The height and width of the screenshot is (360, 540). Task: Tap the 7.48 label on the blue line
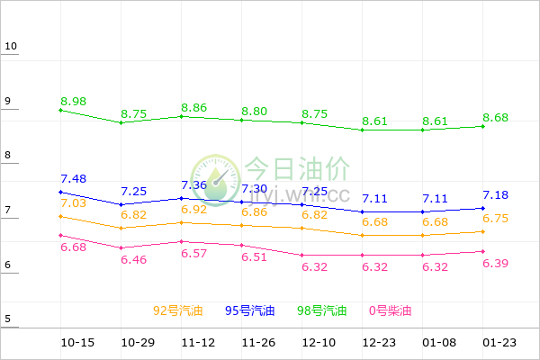click(74, 179)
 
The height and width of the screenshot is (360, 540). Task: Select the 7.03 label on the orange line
click(74, 203)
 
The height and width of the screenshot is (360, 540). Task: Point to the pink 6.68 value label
click(74, 247)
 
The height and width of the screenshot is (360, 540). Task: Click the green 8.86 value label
click(194, 108)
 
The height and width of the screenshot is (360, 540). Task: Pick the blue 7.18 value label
click(496, 195)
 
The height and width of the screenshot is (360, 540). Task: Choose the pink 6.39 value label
click(496, 263)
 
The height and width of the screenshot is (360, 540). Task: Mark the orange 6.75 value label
click(496, 219)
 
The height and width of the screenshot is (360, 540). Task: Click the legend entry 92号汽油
click(178, 311)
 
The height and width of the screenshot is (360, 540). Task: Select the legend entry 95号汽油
click(250, 311)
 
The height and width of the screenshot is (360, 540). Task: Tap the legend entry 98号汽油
click(322, 311)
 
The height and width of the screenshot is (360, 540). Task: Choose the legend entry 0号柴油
click(390, 311)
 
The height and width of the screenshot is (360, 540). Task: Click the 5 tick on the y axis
click(8, 319)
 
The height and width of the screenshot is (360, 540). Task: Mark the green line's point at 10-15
click(60, 110)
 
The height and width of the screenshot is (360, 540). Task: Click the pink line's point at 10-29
click(121, 247)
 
